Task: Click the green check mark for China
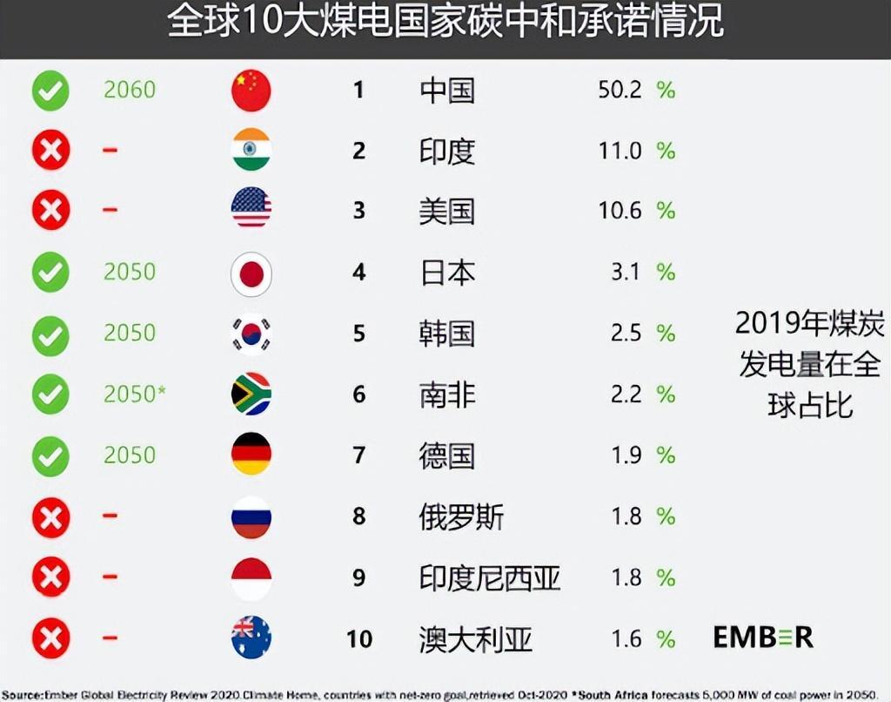pos(50,91)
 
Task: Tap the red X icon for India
pos(50,151)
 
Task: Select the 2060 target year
pos(130,90)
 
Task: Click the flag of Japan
pos(251,273)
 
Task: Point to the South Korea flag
pos(251,334)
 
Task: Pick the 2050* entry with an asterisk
pos(134,395)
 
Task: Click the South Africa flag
pos(251,395)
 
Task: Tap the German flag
pos(251,455)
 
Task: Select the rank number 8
pos(358,516)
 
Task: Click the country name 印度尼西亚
pos(490,577)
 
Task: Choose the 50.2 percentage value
pos(620,90)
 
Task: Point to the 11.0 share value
pos(620,151)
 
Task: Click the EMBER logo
pos(763,637)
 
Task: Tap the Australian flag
pos(251,638)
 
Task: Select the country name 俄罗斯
pos(461,516)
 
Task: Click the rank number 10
pos(358,638)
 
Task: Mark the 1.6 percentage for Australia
pos(626,638)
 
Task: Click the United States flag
pos(251,210)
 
